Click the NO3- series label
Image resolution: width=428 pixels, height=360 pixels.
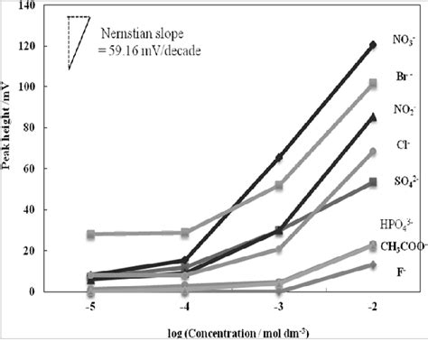[403, 40]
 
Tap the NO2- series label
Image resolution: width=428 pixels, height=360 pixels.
[403, 109]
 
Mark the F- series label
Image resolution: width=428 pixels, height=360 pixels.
[403, 269]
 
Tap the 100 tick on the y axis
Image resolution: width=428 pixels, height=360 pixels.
[37, 87]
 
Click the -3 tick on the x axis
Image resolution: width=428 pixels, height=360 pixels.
[278, 304]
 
